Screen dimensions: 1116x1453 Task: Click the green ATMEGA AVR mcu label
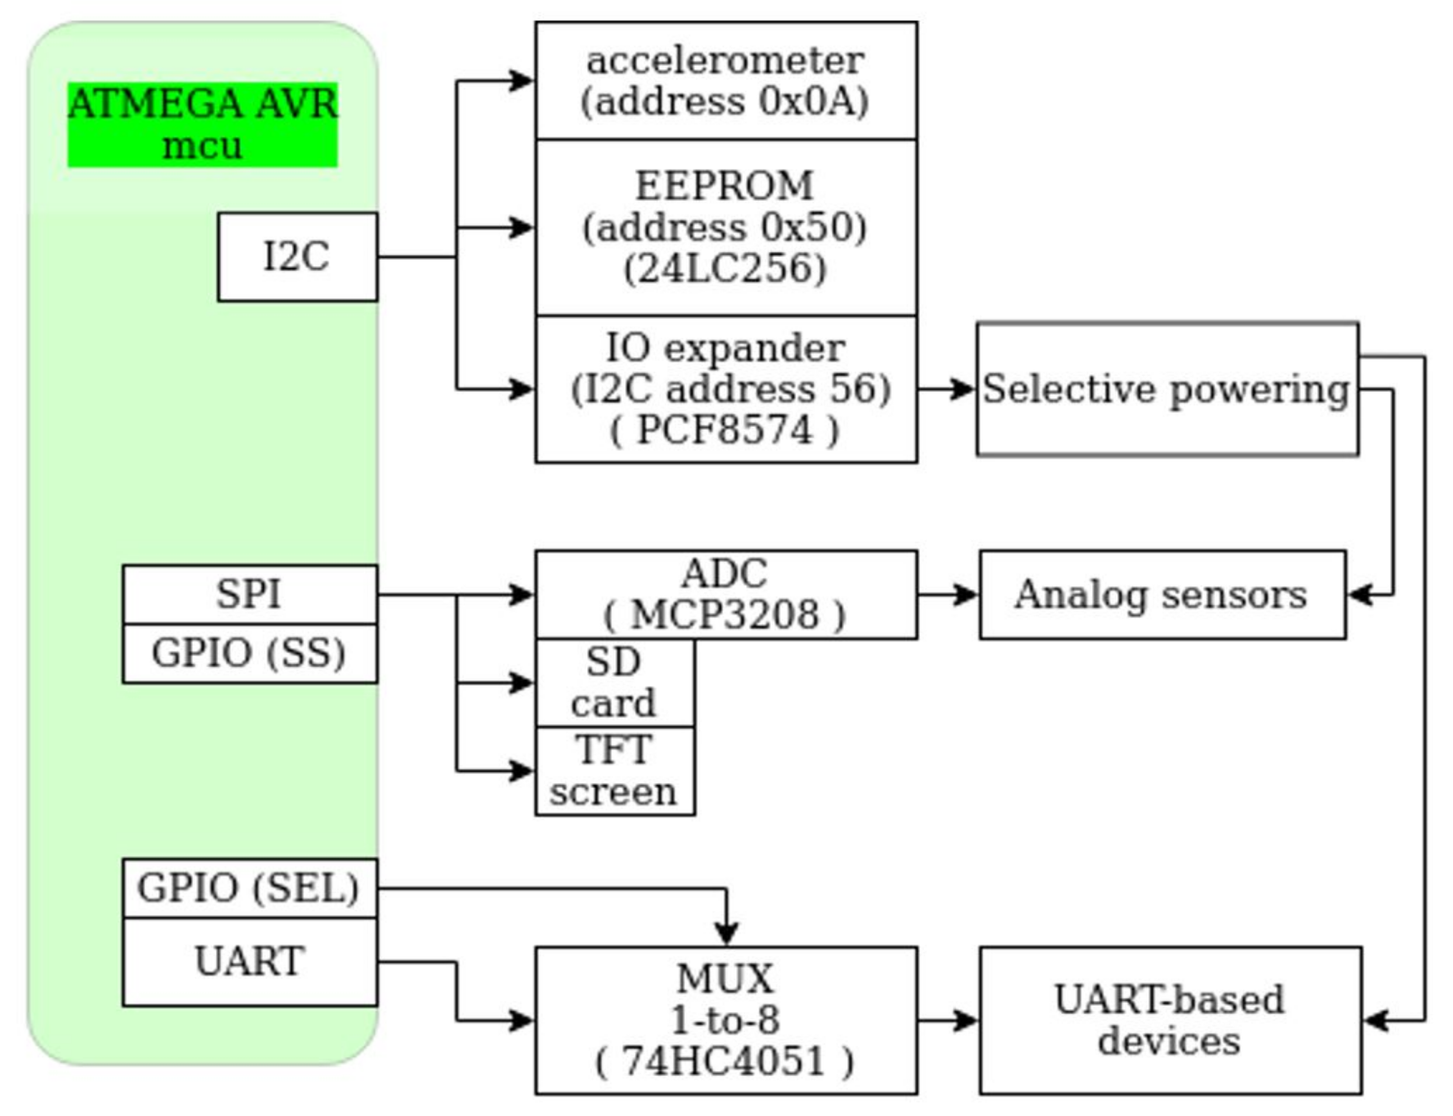202,124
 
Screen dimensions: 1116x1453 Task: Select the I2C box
297,256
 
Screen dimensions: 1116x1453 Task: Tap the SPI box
250,594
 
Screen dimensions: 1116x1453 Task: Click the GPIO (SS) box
250,653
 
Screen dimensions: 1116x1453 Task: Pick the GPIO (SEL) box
250,888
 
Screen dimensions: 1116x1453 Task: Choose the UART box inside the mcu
250,961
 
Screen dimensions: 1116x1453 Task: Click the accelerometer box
726,80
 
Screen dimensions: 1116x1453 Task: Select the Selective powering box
1167,389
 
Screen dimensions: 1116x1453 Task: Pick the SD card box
614,682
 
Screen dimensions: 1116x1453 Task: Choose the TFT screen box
614,771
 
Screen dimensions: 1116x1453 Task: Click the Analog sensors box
1162,595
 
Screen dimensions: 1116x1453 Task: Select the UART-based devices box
1170,1020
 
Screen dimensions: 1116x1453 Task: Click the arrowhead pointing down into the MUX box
727,933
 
